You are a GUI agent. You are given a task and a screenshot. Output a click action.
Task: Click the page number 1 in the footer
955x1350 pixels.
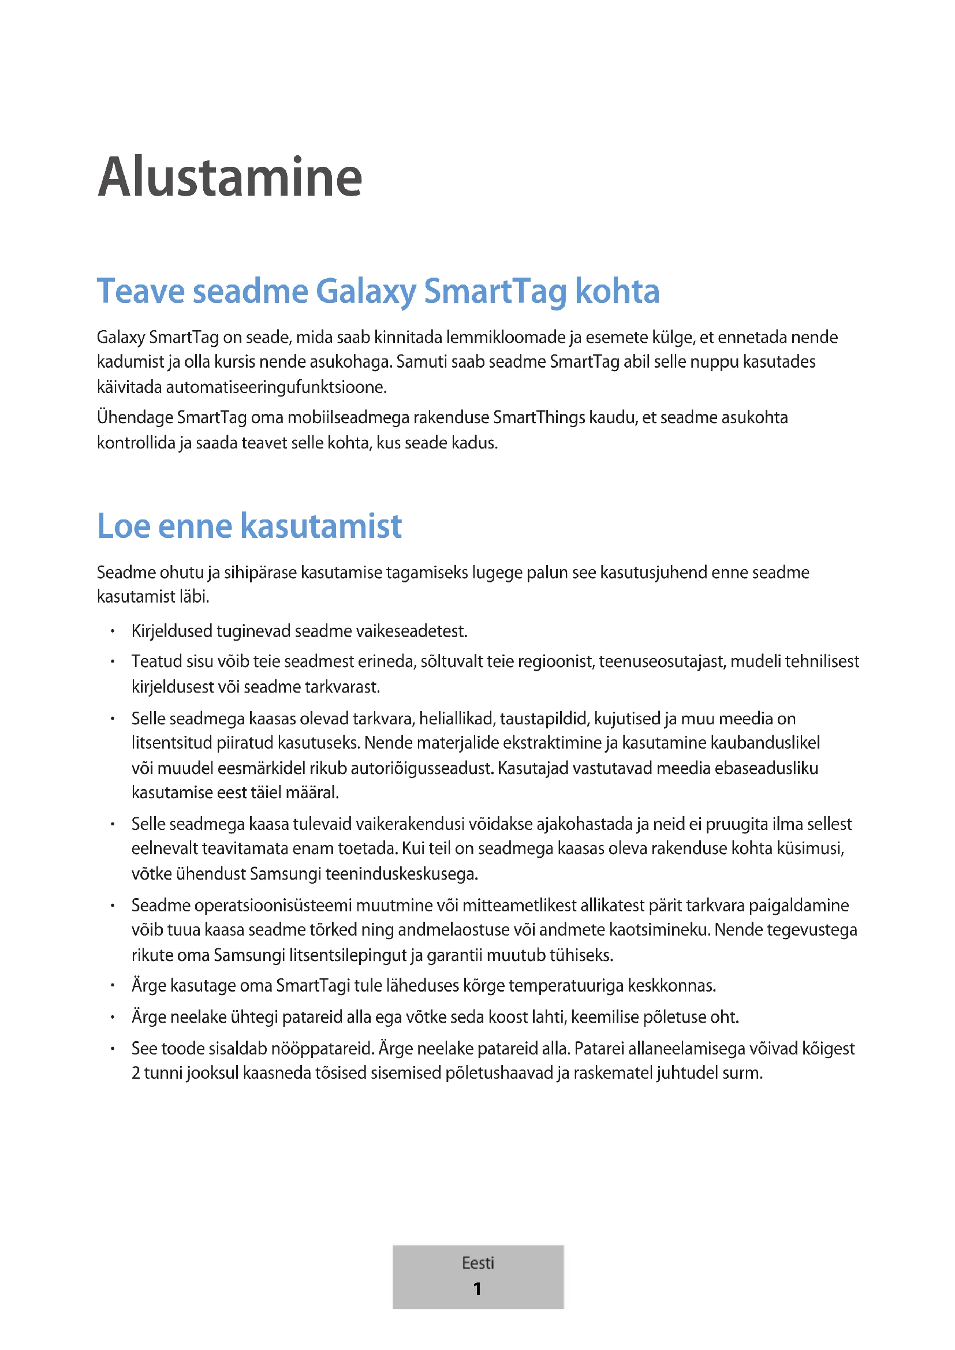coord(477,1289)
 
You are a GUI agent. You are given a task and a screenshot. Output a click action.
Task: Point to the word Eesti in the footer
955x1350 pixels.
coord(477,1263)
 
